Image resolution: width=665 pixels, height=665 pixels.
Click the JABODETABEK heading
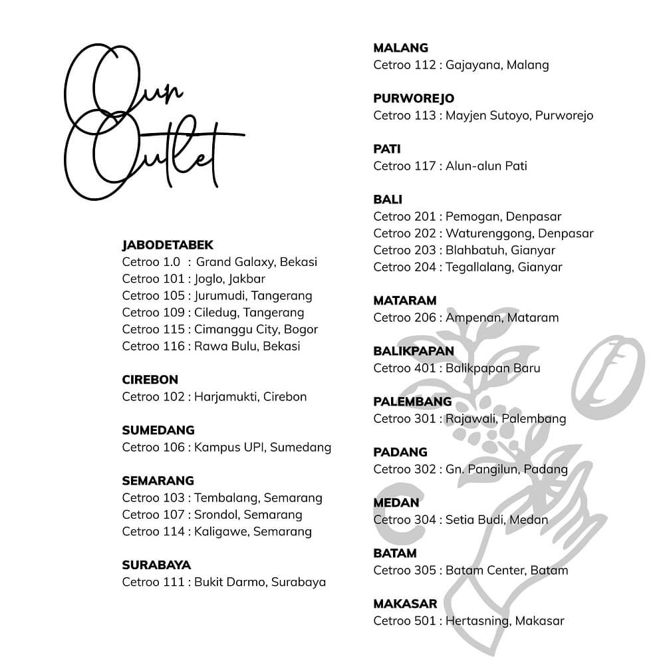pyautogui.click(x=168, y=245)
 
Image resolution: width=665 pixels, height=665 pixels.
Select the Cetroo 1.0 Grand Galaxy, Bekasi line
pyautogui.click(x=219, y=262)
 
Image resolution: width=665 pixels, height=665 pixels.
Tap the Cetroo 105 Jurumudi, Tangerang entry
pyautogui.click(x=217, y=295)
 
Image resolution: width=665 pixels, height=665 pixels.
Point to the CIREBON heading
pyautogui.click(x=150, y=380)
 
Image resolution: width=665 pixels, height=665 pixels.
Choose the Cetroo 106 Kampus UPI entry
pyautogui.click(x=226, y=447)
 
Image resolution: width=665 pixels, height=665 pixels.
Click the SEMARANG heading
pyautogui.click(x=158, y=480)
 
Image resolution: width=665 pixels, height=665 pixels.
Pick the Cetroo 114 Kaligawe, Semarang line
pyautogui.click(x=217, y=531)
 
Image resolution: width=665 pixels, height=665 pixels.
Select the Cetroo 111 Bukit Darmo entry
pyautogui.click(x=223, y=582)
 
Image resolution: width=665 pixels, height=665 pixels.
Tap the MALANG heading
pyautogui.click(x=400, y=48)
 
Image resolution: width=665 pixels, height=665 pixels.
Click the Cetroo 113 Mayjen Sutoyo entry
pyautogui.click(x=483, y=115)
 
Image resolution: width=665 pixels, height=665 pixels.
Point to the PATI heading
pyautogui.click(x=387, y=149)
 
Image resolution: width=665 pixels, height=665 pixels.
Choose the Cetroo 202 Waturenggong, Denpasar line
pyautogui.click(x=483, y=233)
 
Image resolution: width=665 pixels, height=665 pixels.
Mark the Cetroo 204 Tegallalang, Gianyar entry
pyautogui.click(x=467, y=267)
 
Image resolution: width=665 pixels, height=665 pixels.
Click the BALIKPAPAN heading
pyautogui.click(x=414, y=350)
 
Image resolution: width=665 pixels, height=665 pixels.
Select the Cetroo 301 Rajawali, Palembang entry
pyautogui.click(x=469, y=418)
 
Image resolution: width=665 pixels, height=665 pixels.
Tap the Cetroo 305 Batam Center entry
pyautogui.click(x=470, y=570)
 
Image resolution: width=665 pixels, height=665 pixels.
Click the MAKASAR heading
pyautogui.click(x=405, y=604)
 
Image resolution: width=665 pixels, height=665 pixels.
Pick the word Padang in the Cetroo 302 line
pyautogui.click(x=546, y=469)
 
